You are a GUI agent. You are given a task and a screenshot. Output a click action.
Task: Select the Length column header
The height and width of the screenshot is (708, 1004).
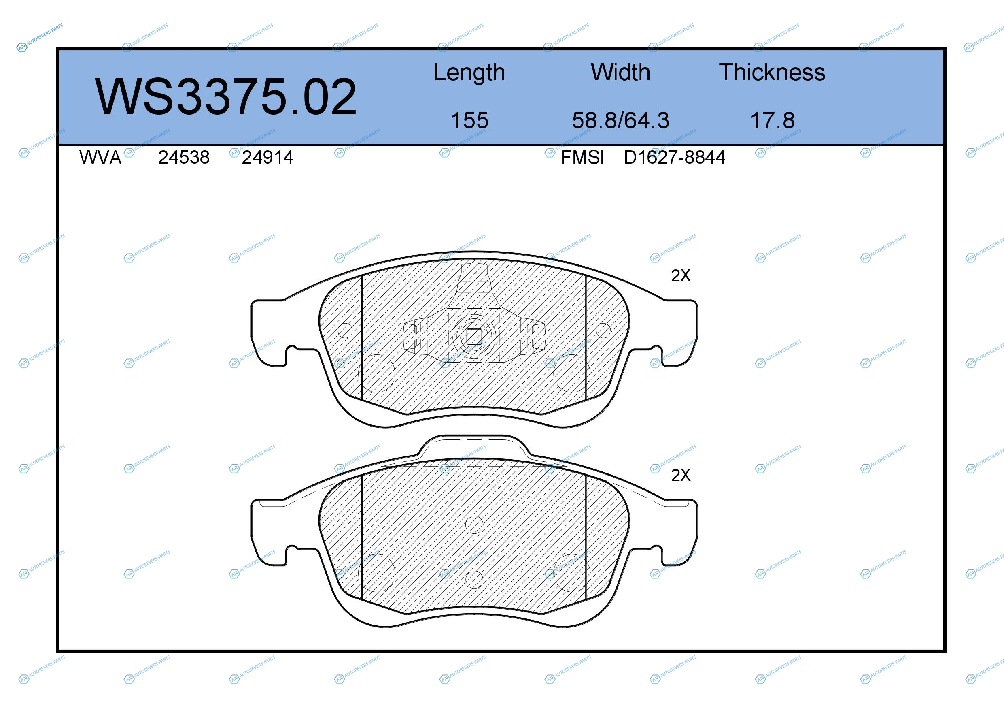pos(469,73)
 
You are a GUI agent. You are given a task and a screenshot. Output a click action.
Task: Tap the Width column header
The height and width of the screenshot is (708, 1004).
pos(620,72)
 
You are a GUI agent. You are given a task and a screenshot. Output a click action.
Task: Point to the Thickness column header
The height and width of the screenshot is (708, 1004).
pos(772,72)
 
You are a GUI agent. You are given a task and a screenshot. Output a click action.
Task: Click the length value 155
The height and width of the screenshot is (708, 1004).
pos(470,120)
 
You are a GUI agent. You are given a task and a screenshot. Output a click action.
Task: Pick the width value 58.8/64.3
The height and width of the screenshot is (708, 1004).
pos(621,120)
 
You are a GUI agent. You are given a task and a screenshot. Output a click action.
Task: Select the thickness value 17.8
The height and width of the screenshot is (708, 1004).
pos(773,120)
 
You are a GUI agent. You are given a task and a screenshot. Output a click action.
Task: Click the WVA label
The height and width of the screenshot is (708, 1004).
pos(100,157)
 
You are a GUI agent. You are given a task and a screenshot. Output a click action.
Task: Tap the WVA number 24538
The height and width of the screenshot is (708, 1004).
pos(184,157)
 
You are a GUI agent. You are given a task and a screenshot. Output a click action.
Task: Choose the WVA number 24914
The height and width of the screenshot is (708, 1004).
pos(267,157)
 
